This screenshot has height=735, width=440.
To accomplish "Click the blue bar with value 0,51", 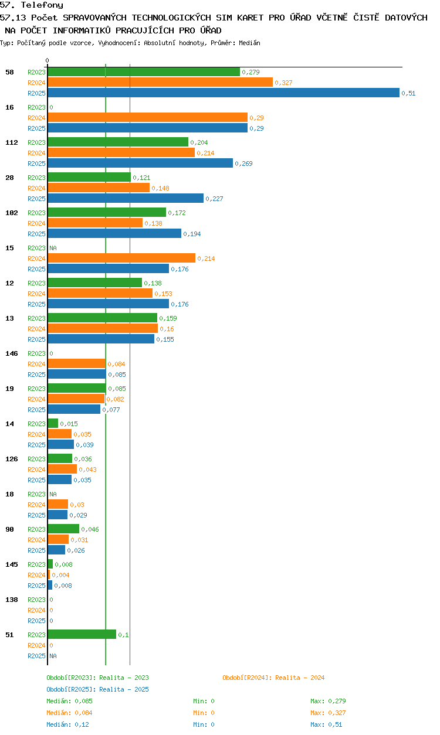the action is (x=224, y=93).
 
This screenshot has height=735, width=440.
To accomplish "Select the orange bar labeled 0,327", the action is (x=160, y=83).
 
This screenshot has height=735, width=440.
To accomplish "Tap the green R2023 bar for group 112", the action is (x=118, y=142).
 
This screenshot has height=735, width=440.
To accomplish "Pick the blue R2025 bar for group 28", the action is (x=126, y=199).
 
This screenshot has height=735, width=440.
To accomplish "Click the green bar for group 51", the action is (x=82, y=635).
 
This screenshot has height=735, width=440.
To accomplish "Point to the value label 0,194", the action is (x=192, y=234).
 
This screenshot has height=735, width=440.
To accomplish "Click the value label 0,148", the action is (x=160, y=188).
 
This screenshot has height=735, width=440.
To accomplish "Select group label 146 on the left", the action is (x=12, y=353).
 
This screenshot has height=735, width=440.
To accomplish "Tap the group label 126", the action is (x=12, y=459).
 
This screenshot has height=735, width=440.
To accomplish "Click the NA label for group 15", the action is (x=53, y=248).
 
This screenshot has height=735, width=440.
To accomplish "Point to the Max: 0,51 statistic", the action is (x=326, y=725).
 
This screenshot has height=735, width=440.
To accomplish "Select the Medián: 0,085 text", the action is (x=69, y=701).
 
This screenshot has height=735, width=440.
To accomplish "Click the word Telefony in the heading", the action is (x=42, y=5).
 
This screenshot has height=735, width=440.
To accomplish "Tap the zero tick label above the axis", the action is (x=48, y=60).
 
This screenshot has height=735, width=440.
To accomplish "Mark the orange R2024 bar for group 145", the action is (x=49, y=575).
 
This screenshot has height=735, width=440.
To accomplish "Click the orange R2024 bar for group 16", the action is (x=148, y=117).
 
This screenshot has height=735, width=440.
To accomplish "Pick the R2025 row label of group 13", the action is (x=36, y=339).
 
